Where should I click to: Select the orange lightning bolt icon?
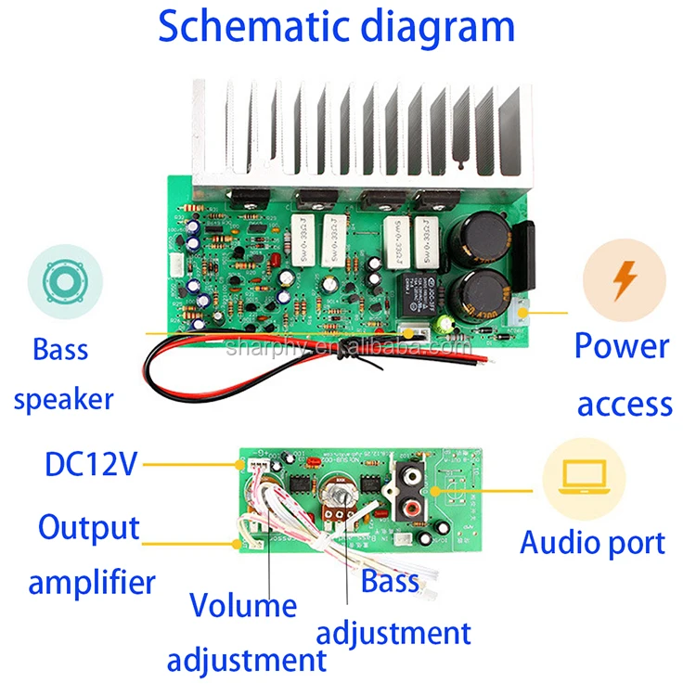(x=624, y=278)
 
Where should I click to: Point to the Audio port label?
(x=592, y=542)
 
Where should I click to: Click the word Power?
(x=621, y=346)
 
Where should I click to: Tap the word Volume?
(x=243, y=605)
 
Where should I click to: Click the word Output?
(x=89, y=527)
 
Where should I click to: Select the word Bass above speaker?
(x=60, y=350)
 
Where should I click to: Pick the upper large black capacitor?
(x=479, y=237)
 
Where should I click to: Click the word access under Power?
(x=625, y=404)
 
